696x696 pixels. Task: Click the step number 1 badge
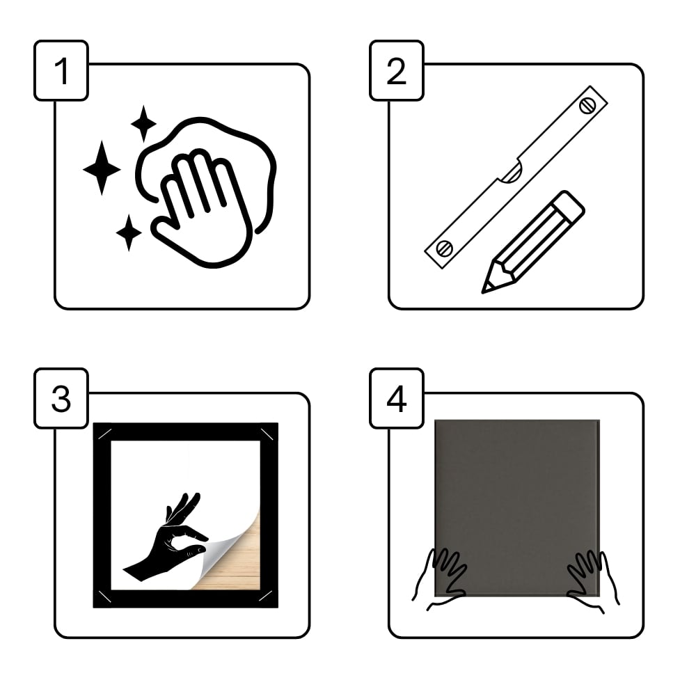[61, 70]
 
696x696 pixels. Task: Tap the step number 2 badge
[397, 70]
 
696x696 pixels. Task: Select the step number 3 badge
[61, 398]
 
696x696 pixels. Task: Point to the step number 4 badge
[397, 398]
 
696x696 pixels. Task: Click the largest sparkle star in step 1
[102, 168]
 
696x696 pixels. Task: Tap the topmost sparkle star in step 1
[143, 124]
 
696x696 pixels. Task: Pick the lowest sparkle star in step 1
[129, 232]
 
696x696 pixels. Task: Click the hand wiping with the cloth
[202, 209]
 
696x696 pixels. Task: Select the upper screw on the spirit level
[587, 106]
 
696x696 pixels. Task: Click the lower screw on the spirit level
[444, 248]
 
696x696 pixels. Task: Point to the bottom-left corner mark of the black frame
[104, 596]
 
